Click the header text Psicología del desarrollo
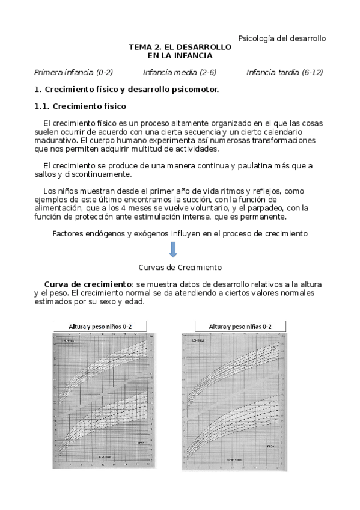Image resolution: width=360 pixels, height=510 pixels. click(282, 38)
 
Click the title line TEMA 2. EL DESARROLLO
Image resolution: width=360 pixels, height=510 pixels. click(180, 47)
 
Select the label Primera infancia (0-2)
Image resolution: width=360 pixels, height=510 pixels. click(73, 73)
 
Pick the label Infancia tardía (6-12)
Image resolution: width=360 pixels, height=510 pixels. click(284, 73)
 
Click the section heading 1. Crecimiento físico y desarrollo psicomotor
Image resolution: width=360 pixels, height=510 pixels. click(126, 90)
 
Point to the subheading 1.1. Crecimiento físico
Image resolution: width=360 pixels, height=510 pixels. click(80, 107)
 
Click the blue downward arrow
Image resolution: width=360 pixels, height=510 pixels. click(173, 249)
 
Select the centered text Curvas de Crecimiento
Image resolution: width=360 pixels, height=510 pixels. click(180, 266)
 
